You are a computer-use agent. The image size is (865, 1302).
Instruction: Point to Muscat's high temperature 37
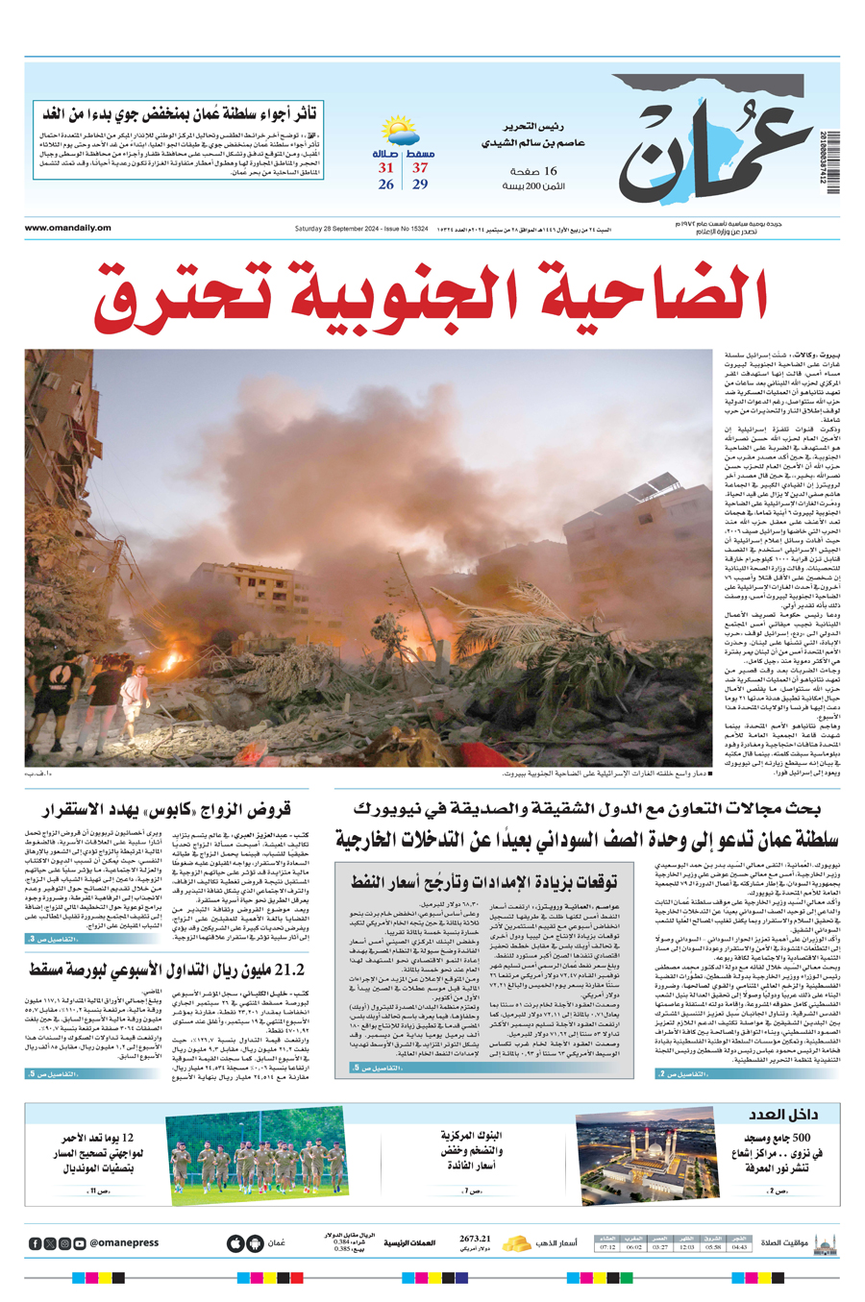[420, 167]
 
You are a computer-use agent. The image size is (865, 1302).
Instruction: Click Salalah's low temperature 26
[386, 184]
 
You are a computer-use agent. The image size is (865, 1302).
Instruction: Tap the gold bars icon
[517, 1243]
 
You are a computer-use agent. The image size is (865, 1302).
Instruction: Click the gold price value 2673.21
[475, 1240]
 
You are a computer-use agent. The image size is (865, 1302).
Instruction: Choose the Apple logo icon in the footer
[235, 1243]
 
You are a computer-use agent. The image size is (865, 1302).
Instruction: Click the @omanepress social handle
[124, 1243]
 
